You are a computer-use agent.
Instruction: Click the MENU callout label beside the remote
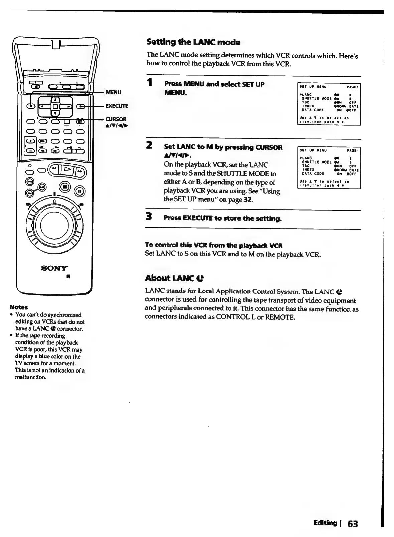click(114, 92)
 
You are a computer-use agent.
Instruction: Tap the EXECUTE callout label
click(117, 106)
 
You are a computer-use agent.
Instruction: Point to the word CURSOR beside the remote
click(116, 119)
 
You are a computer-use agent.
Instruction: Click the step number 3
click(150, 217)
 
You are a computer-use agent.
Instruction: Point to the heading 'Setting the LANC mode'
click(193, 42)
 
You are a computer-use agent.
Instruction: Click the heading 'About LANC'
click(174, 278)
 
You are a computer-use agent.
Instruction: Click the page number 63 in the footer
click(352, 524)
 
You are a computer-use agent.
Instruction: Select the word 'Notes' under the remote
click(19, 307)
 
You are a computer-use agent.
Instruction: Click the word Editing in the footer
click(325, 523)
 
